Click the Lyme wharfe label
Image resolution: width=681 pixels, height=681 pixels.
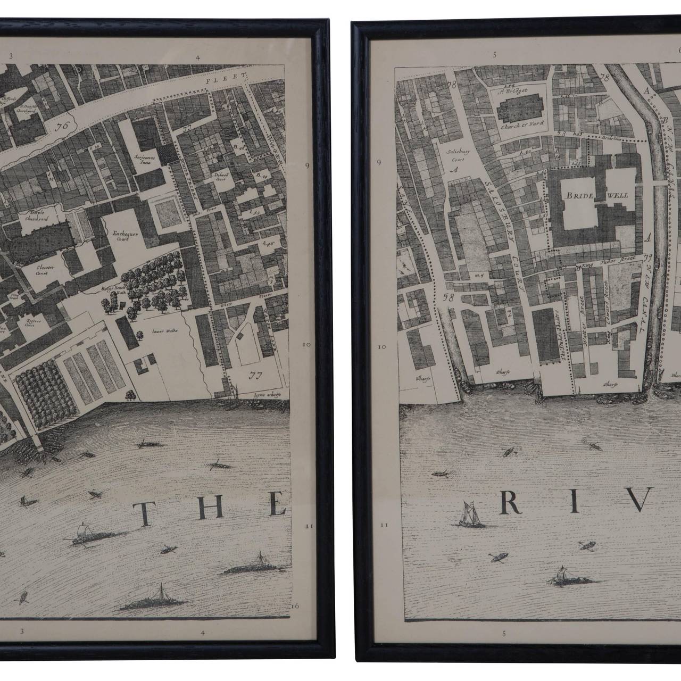pyautogui.click(x=264, y=395)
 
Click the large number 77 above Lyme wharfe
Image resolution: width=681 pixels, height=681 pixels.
pyautogui.click(x=256, y=375)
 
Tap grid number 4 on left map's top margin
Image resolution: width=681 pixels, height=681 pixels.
pyautogui.click(x=197, y=57)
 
